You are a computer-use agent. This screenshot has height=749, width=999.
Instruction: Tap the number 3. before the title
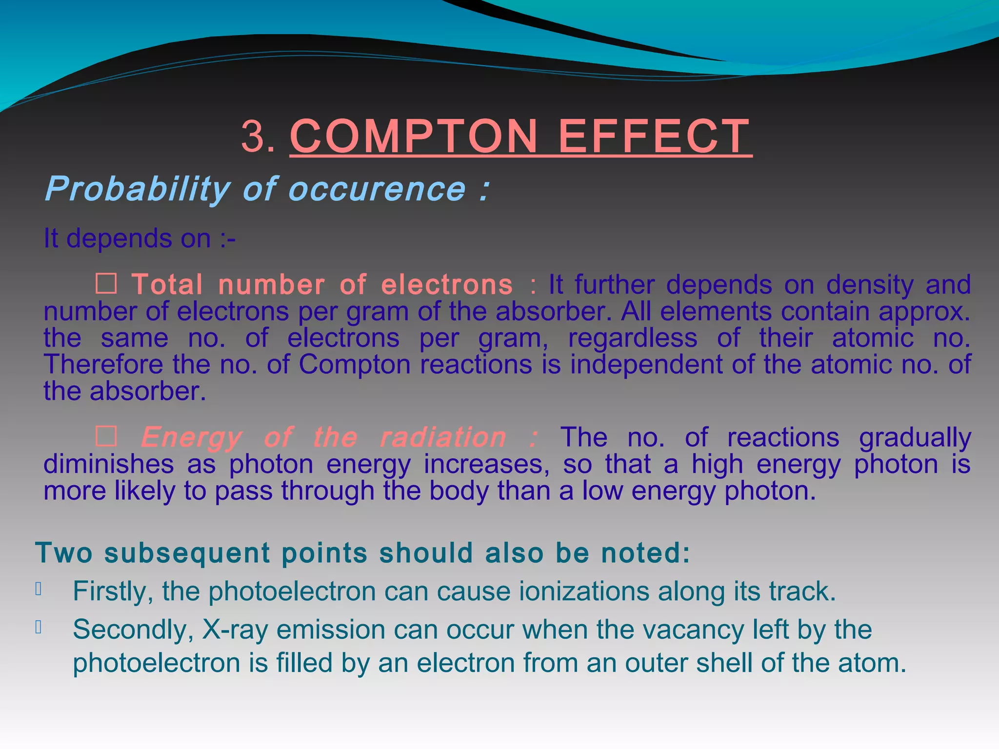[x=258, y=138]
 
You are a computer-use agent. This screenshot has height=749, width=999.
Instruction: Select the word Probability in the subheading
[x=137, y=189]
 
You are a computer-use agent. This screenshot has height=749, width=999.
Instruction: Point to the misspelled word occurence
[x=379, y=189]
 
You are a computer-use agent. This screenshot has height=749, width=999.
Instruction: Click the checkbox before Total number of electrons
[x=106, y=284]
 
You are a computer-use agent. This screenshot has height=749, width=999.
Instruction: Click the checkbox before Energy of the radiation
[x=106, y=436]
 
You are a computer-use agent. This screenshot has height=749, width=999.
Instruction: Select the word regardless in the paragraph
[x=633, y=338]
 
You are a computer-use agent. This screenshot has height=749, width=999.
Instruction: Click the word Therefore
[x=103, y=364]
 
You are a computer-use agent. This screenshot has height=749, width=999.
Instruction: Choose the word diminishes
[x=108, y=464]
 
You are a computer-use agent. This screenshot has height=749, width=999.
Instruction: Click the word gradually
[x=915, y=437]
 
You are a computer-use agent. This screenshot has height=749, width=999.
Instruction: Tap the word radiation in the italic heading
[x=443, y=437]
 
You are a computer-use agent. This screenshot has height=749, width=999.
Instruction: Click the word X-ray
[x=235, y=630]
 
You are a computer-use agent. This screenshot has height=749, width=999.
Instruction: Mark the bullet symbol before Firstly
[x=39, y=590]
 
